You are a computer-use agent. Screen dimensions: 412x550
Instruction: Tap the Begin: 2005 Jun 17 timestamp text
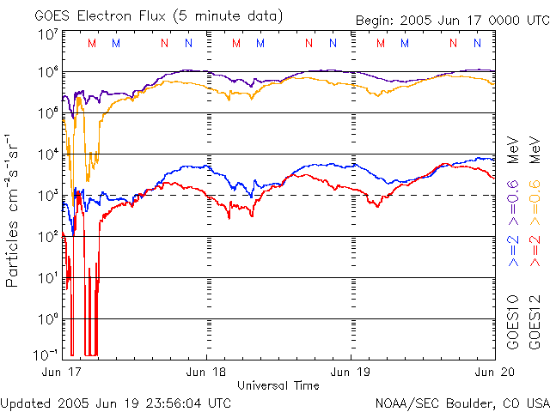[450, 20]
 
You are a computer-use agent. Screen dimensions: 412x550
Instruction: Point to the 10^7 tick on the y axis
[48, 34]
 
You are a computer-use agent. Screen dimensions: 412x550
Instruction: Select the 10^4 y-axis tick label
[48, 154]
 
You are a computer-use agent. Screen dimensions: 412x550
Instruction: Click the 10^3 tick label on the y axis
[48, 196]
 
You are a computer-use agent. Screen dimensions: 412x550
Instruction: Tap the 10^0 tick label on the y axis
[48, 319]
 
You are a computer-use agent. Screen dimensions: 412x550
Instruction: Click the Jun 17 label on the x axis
[59, 372]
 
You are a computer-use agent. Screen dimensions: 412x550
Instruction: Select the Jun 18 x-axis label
[205, 372]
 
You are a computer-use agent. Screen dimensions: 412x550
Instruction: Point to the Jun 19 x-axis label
[351, 372]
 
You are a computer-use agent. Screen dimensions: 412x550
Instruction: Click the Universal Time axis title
[278, 385]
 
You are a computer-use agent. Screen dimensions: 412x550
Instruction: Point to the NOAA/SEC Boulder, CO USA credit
[461, 403]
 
